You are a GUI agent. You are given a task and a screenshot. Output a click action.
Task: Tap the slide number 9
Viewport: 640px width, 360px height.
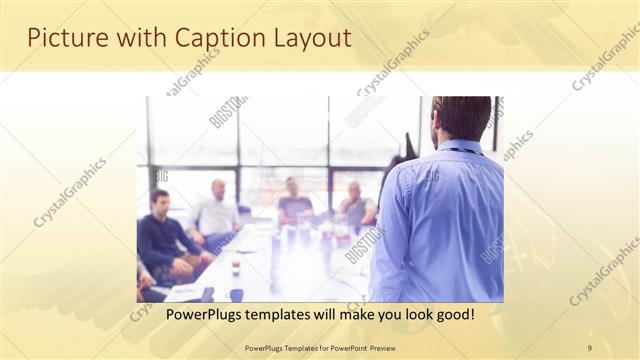pyautogui.click(x=590, y=347)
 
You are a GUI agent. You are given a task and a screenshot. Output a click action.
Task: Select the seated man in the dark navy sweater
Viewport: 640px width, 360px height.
pyautogui.click(x=163, y=240)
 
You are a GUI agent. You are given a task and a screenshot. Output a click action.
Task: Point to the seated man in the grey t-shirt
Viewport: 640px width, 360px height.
pyautogui.click(x=294, y=204)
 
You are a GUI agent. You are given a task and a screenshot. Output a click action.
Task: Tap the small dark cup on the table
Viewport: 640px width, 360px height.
pyautogui.click(x=236, y=268)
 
